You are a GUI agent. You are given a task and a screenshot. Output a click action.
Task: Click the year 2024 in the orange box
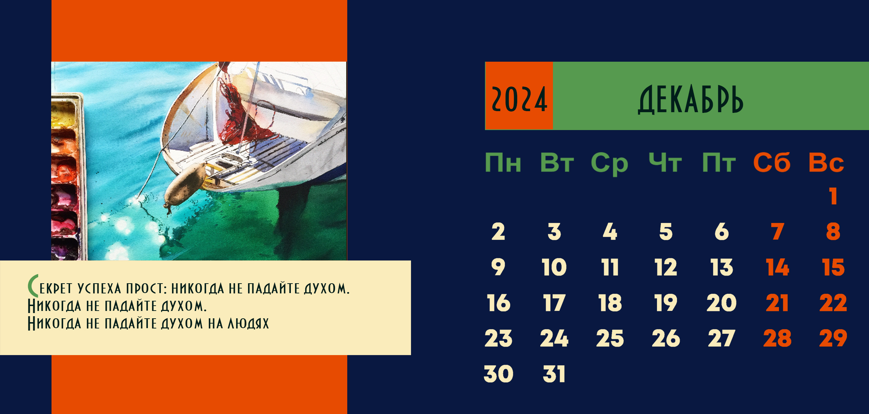(x=519, y=100)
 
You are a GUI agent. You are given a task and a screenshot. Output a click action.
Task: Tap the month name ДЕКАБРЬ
(x=690, y=100)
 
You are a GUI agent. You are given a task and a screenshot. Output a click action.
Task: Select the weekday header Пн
(x=503, y=163)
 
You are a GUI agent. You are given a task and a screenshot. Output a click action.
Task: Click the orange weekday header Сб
(x=772, y=162)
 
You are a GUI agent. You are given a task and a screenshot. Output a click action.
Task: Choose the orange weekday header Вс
(x=826, y=163)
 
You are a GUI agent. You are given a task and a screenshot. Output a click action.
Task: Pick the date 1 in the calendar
(x=834, y=196)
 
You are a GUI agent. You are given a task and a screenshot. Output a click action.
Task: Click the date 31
(x=554, y=374)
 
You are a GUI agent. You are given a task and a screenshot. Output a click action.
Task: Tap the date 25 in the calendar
(x=610, y=339)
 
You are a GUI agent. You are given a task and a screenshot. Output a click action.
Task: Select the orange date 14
(x=778, y=267)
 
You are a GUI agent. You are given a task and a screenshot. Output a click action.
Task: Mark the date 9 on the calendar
(x=498, y=267)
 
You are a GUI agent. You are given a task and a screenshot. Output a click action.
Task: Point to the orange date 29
(x=833, y=339)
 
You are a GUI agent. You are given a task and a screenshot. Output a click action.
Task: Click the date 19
(x=666, y=303)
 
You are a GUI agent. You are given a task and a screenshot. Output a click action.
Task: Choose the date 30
(x=499, y=374)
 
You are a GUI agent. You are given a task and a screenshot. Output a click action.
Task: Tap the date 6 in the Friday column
(x=722, y=232)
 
